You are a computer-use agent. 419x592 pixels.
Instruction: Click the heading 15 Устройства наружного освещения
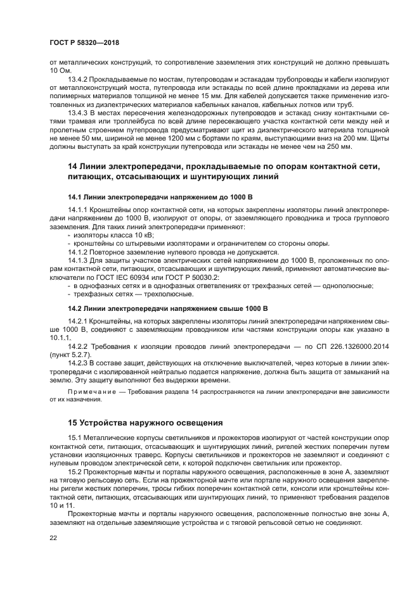tap(145, 423)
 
